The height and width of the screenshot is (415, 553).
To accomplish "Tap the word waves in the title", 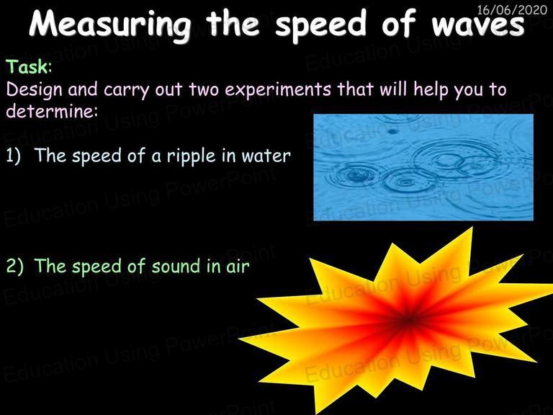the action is [478, 23].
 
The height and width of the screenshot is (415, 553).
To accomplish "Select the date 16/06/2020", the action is [512, 9].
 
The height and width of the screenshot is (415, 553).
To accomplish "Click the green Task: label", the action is [29, 66].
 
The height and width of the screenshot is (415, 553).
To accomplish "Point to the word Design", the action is [35, 90].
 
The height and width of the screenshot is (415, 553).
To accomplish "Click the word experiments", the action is [278, 89].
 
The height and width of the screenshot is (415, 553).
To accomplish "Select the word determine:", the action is [52, 112].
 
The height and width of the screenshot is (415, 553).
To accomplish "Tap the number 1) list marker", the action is [14, 156].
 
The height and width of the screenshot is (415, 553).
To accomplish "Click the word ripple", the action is [191, 156].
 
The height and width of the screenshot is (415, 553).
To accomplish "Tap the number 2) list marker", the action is [15, 266].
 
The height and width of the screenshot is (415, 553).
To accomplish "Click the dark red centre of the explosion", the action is [408, 320].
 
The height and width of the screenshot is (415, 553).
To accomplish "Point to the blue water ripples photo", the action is [423, 167].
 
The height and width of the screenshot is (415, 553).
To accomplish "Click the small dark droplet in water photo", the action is [392, 132].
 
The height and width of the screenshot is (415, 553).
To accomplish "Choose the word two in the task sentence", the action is [204, 89].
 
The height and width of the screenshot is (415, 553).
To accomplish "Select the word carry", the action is [126, 90].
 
